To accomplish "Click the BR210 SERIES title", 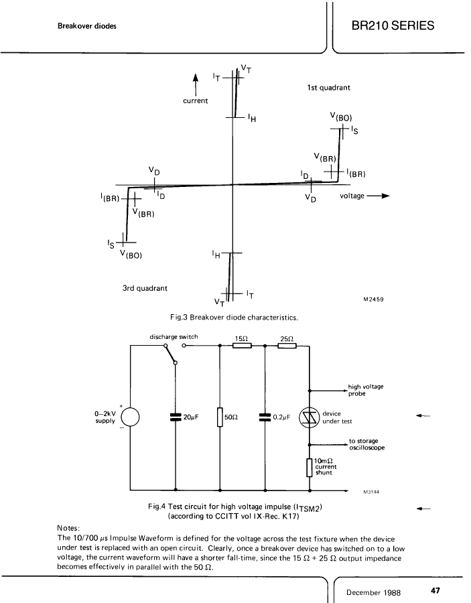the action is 393,25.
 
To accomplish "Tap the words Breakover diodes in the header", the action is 87,26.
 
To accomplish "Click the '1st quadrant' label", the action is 329,88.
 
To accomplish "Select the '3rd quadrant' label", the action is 145,288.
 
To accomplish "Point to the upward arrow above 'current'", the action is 196,84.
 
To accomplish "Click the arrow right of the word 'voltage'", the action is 379,196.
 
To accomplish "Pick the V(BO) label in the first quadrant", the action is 341,117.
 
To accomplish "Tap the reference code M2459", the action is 373,299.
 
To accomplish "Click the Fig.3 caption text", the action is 234,318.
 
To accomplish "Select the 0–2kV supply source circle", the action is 130,417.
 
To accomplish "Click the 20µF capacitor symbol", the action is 176,417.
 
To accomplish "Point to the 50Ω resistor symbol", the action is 220,417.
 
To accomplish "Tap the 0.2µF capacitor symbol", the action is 265,417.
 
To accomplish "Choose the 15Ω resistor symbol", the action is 243,345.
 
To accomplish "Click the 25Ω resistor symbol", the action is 287,345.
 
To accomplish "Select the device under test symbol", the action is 310,417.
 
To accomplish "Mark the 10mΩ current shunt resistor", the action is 310,468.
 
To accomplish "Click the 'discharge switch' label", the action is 174,337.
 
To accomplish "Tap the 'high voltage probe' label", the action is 366,390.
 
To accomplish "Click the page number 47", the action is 435,590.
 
